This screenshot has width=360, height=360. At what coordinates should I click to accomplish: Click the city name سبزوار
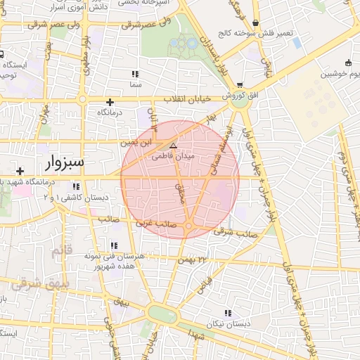tap(64, 162)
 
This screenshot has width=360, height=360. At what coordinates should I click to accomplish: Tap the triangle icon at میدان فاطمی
tap(174, 146)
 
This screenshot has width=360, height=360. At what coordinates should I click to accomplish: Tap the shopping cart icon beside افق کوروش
tap(240, 84)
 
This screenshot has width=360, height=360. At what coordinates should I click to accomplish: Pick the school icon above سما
tap(135, 74)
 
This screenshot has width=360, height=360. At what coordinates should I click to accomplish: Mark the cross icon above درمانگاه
tap(110, 101)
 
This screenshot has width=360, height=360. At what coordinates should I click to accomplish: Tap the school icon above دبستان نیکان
tap(226, 313)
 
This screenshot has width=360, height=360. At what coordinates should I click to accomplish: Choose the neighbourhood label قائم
tap(62, 250)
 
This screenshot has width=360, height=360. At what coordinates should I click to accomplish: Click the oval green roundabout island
tap(162, 314)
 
